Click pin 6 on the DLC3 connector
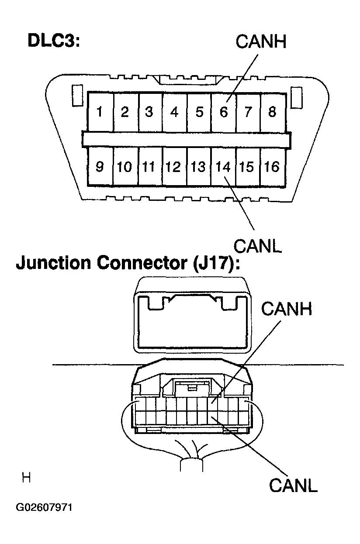223,112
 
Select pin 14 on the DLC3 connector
223,167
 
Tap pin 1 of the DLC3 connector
100,112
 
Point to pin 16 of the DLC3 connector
272,167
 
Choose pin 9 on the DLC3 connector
100,167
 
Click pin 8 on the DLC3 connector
272,112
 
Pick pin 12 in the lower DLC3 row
174,167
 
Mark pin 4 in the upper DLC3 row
174,112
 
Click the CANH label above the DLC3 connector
260,42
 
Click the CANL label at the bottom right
293,485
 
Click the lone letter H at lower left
26,478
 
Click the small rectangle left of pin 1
76,96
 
